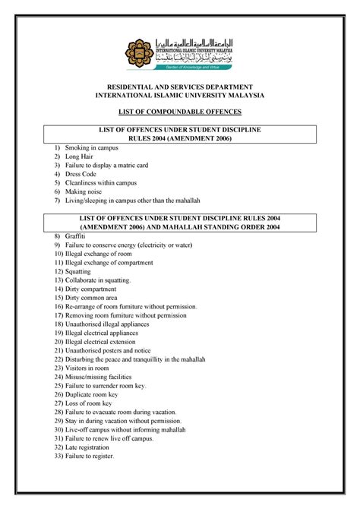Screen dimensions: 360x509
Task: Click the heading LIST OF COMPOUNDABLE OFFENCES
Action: click(x=179, y=112)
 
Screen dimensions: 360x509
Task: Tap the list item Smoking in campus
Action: click(x=93, y=146)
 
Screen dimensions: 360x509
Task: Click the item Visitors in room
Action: click(x=90, y=368)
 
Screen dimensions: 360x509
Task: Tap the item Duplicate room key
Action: click(x=96, y=395)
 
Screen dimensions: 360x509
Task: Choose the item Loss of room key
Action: click(x=93, y=403)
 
